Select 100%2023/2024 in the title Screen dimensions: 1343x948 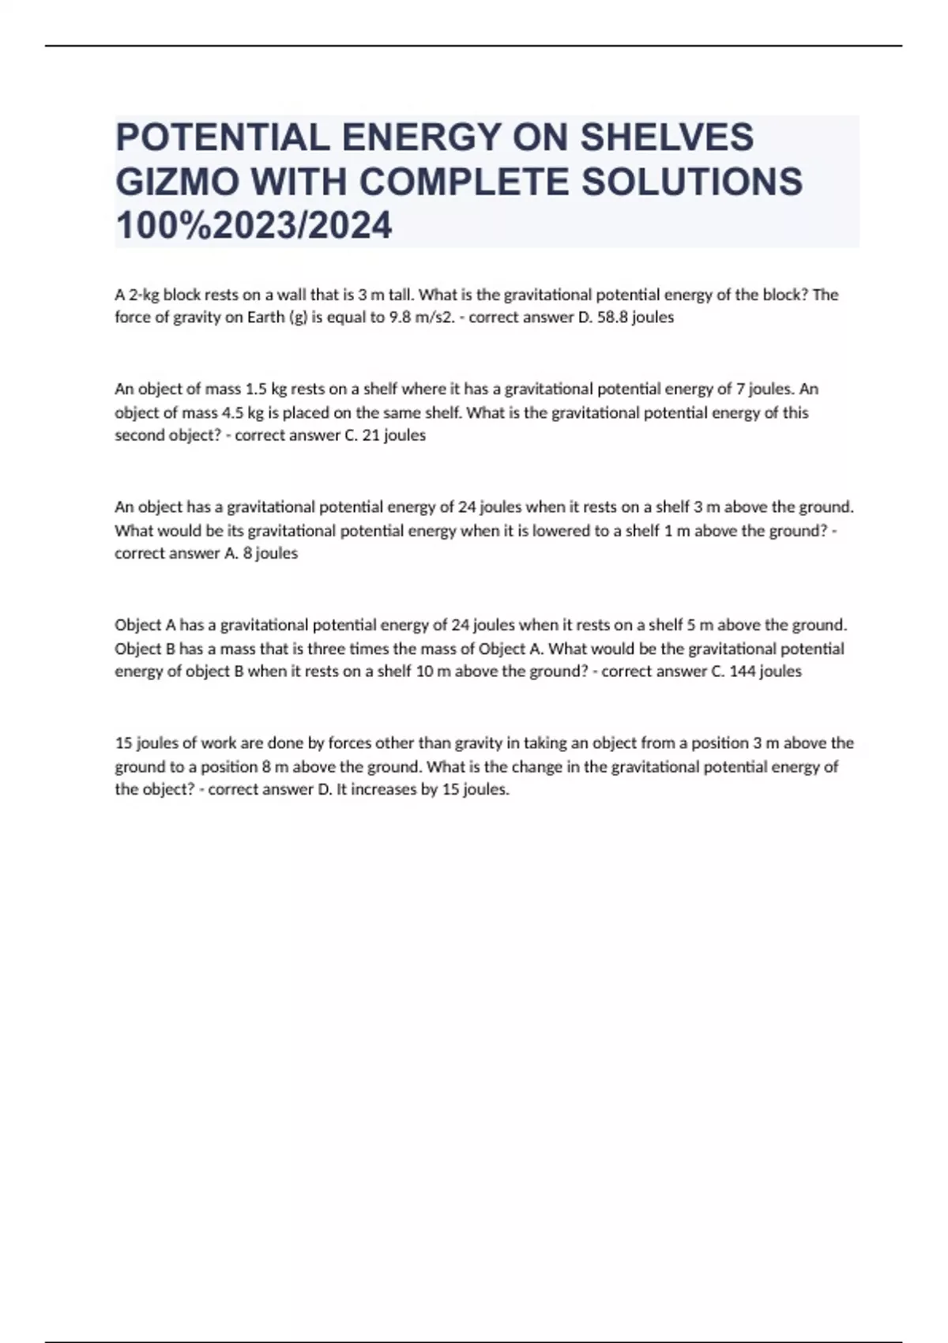(254, 226)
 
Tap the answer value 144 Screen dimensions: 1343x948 (743, 671)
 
